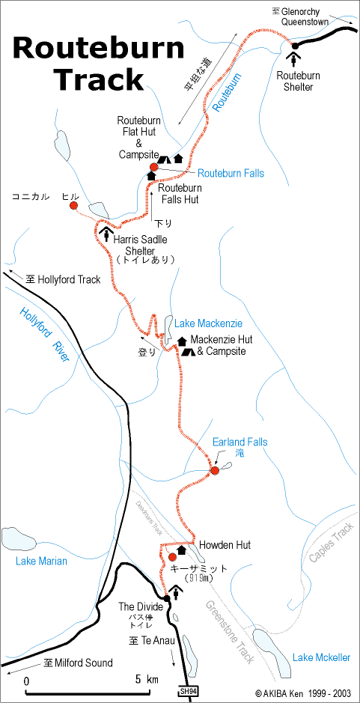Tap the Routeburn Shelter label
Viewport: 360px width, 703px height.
(298, 81)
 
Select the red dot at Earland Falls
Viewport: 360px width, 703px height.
(214, 470)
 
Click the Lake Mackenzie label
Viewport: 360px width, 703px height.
(208, 323)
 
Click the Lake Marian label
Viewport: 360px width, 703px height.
(41, 561)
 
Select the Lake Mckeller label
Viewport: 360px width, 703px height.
(321, 657)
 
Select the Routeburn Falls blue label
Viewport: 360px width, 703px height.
(231, 173)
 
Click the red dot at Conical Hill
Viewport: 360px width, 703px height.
(73, 204)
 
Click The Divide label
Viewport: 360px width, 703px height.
(141, 606)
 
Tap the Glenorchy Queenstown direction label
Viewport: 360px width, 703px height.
(305, 16)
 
